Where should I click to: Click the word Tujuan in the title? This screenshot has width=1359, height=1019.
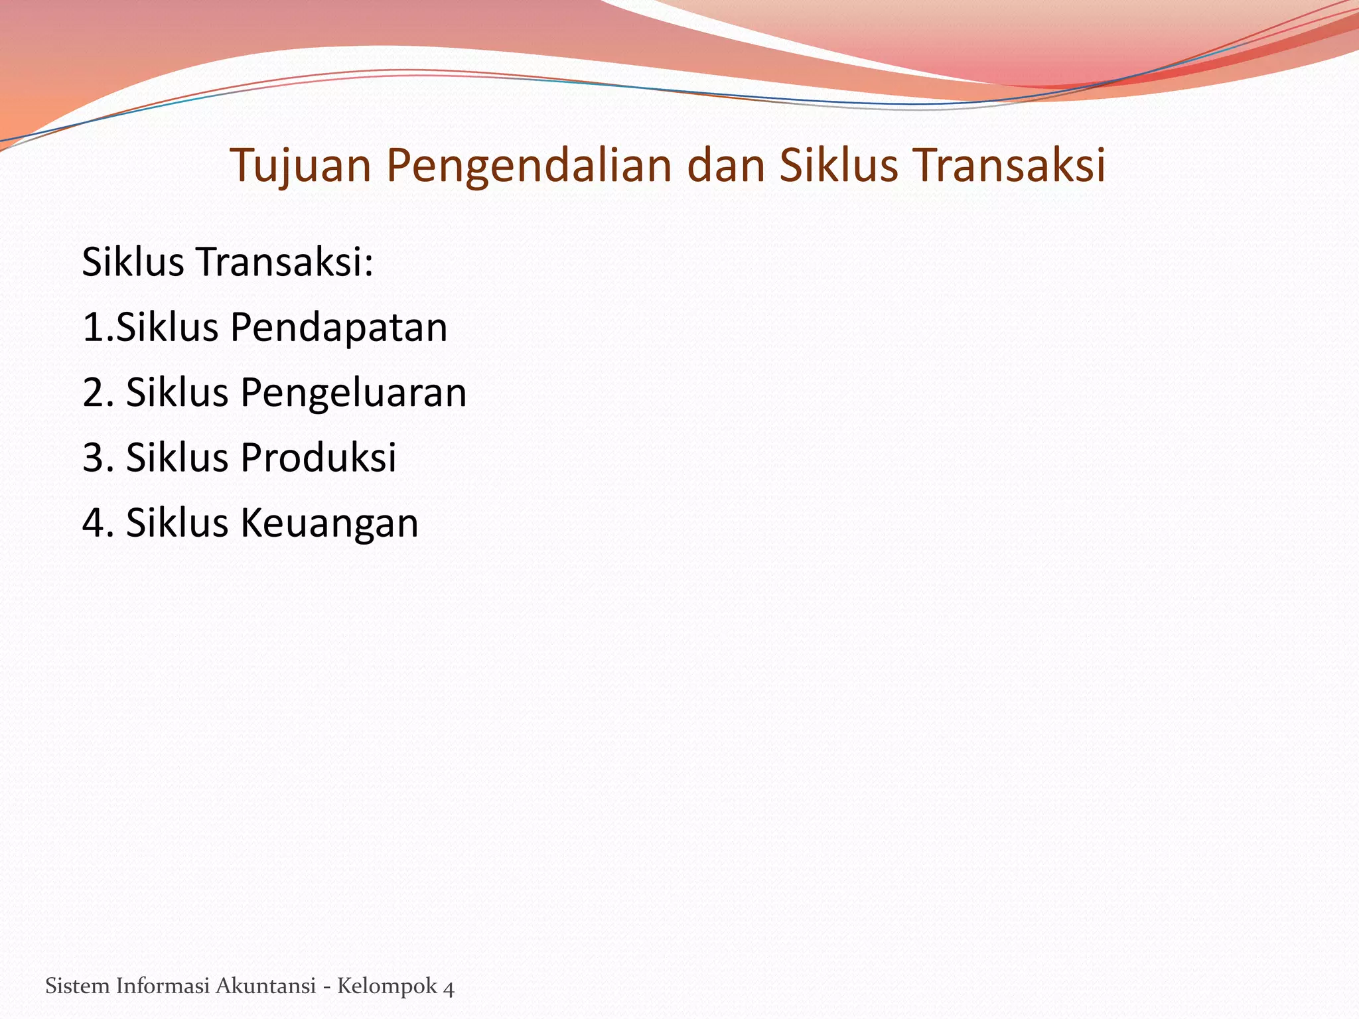point(301,166)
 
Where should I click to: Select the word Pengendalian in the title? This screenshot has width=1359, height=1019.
point(530,166)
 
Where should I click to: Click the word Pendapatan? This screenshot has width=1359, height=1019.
point(338,328)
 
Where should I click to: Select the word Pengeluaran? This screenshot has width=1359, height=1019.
point(353,393)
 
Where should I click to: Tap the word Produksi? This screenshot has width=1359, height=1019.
point(318,457)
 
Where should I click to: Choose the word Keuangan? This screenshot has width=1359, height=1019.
point(329,523)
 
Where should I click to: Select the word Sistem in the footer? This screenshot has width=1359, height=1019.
point(77,986)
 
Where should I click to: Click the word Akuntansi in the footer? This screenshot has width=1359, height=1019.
point(265,986)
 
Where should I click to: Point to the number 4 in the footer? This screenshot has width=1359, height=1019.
point(449,988)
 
